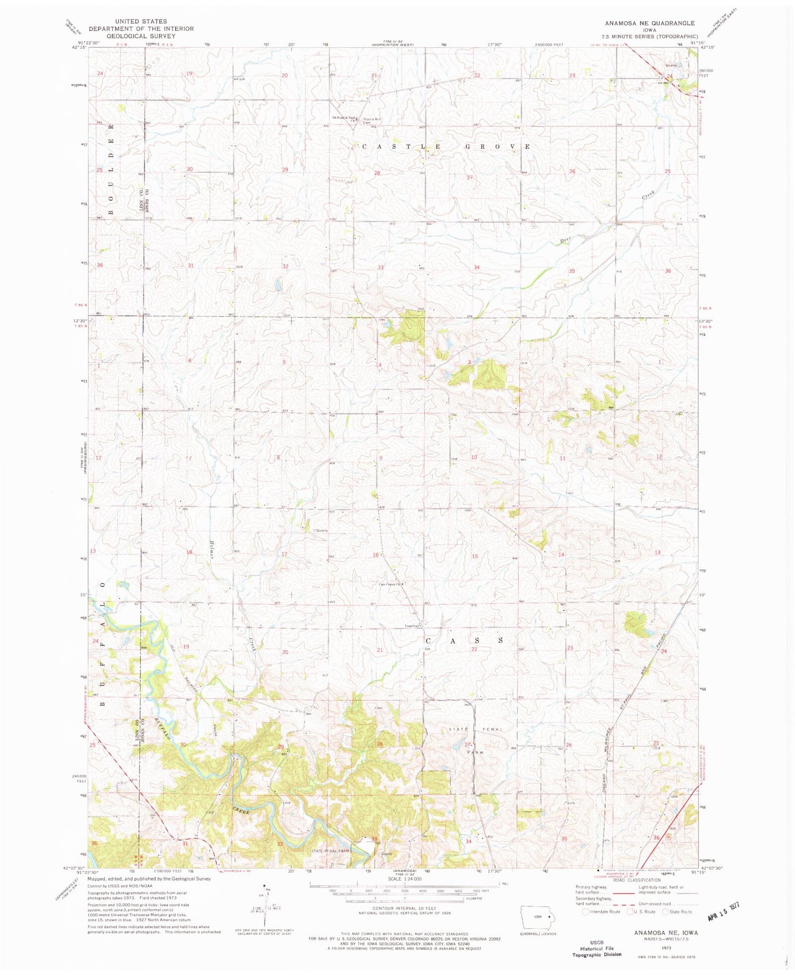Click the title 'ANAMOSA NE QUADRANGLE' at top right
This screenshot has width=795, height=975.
point(649,23)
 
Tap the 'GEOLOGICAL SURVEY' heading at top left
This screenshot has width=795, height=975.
point(141,36)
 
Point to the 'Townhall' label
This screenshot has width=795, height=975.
point(413,626)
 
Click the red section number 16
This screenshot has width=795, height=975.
point(375,555)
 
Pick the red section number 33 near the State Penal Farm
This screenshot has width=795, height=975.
point(375,839)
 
